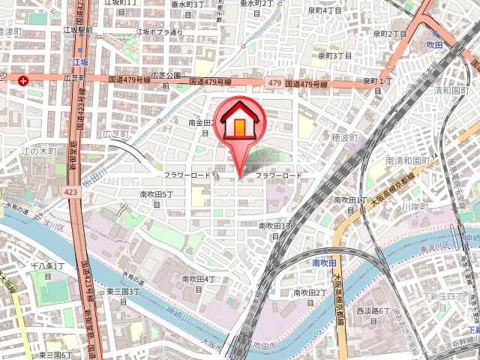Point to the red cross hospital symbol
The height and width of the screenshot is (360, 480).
pos(25,80)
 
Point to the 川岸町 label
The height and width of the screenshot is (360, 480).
pos(413,205)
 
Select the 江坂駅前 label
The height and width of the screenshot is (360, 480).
pos(78,31)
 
